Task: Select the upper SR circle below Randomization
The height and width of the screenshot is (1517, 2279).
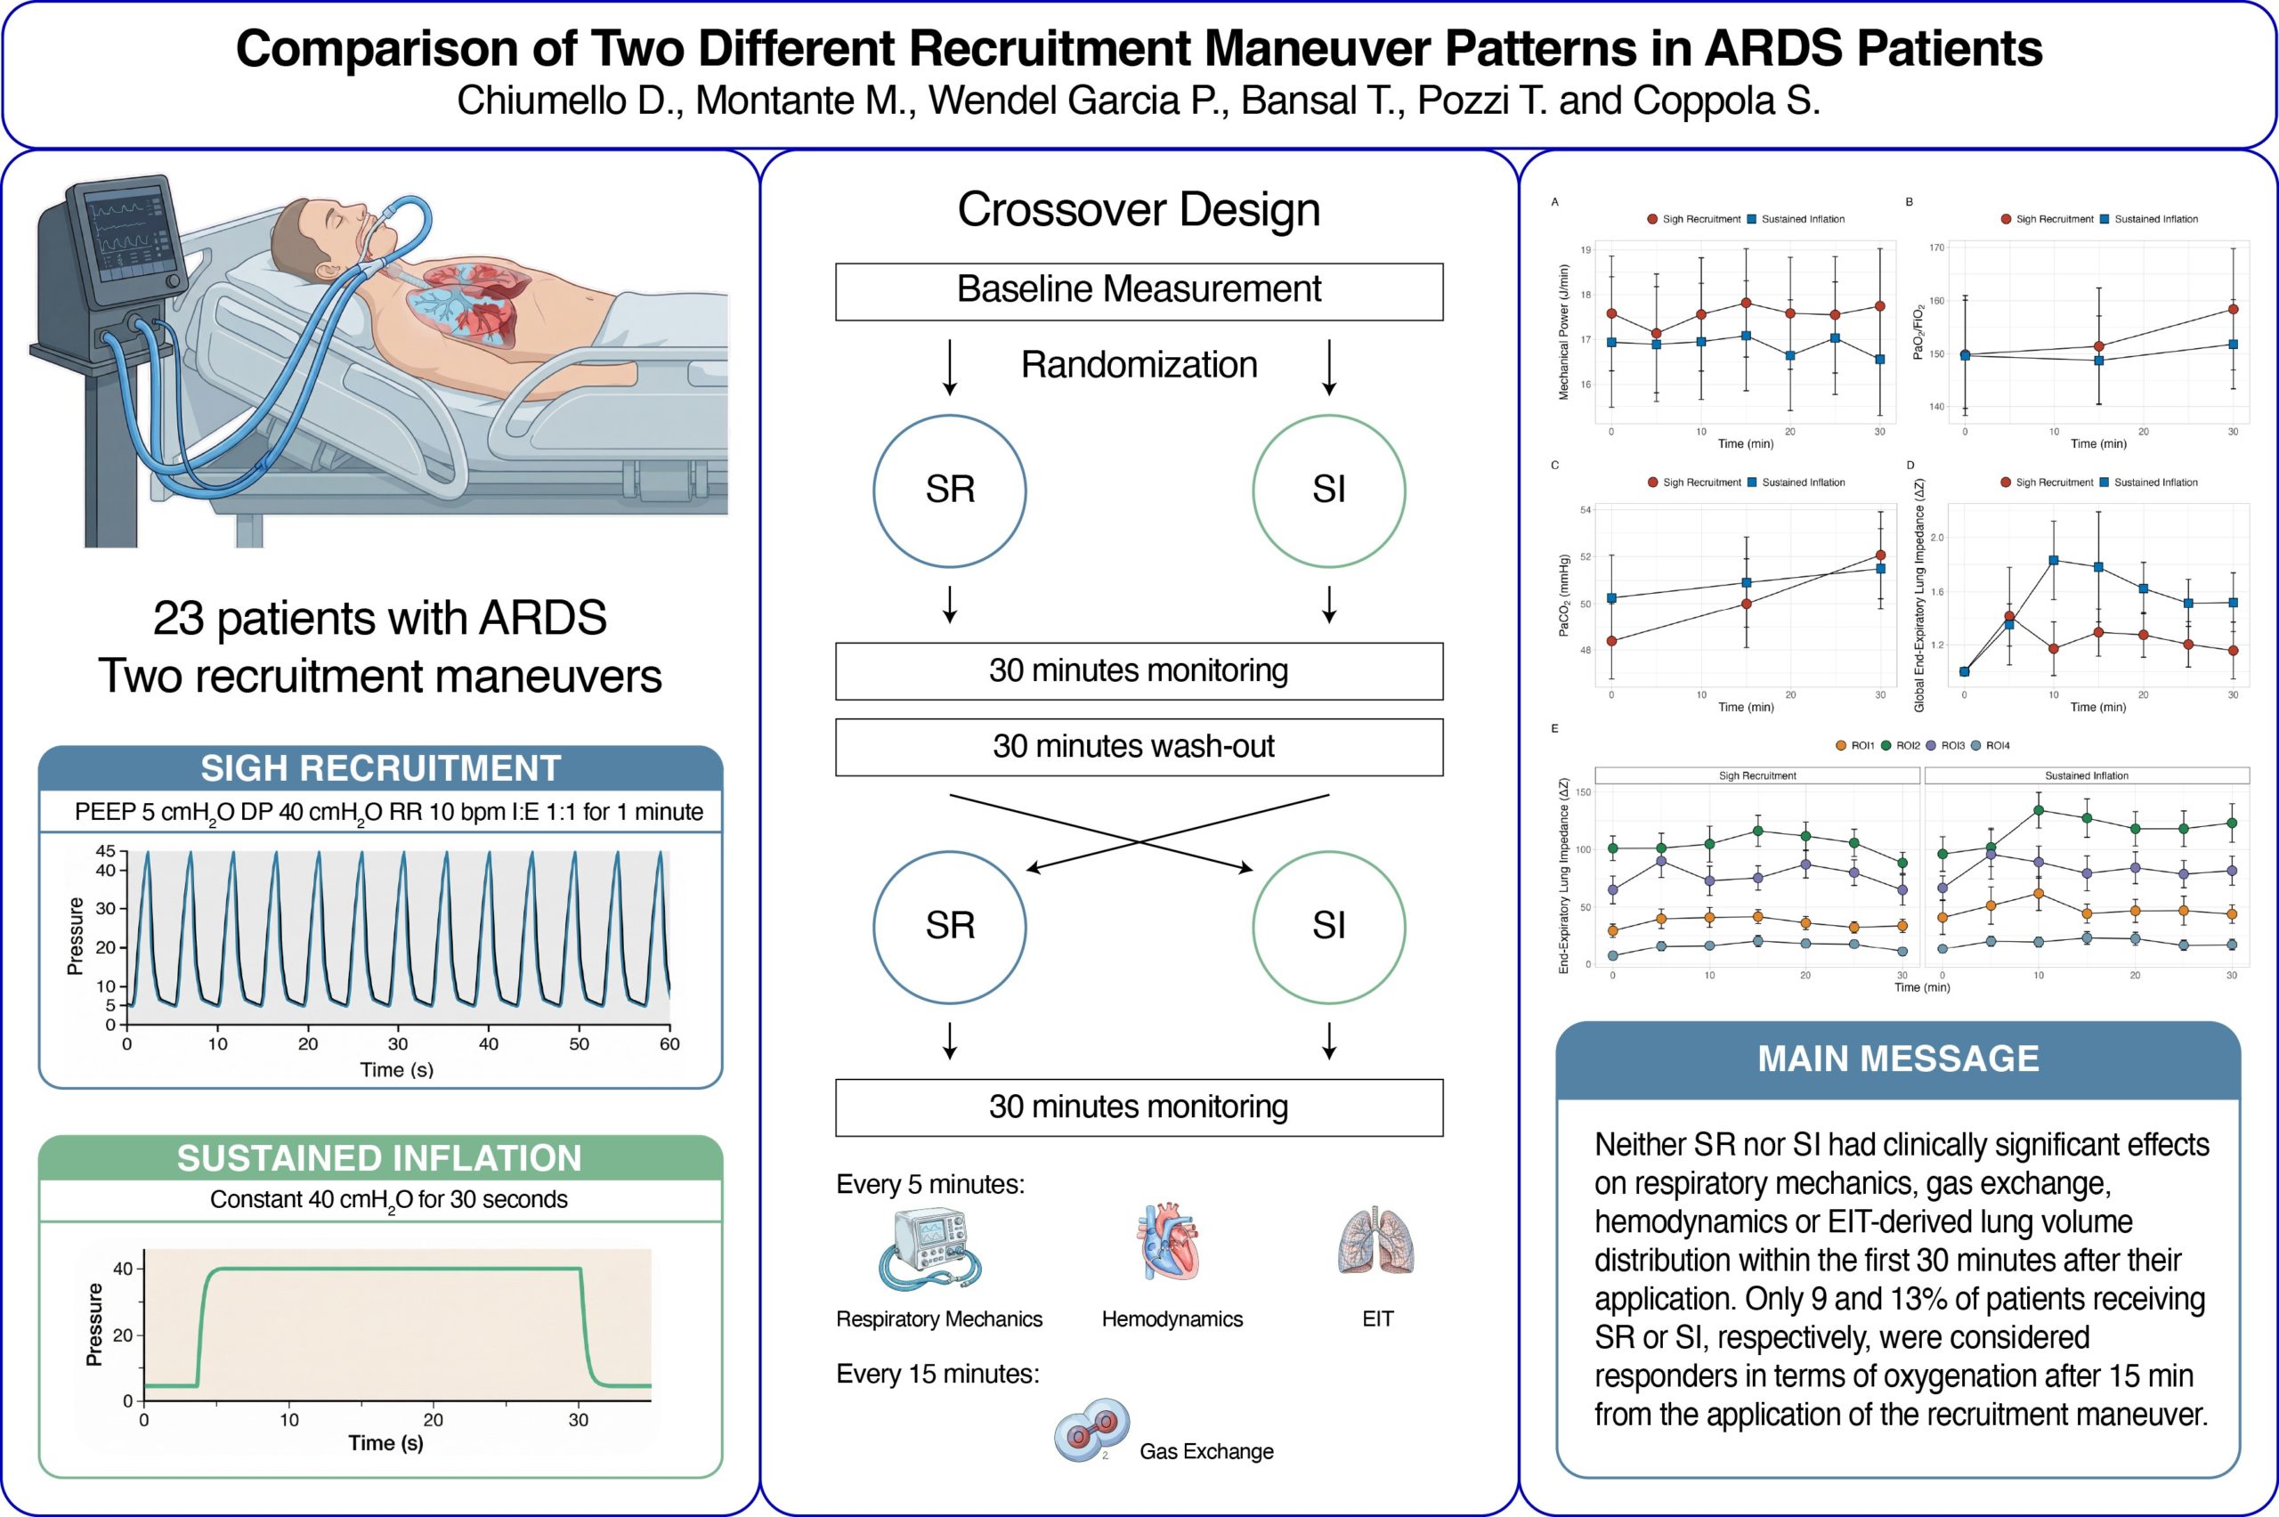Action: (x=949, y=491)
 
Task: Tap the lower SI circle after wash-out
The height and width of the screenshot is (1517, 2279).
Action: (x=1328, y=927)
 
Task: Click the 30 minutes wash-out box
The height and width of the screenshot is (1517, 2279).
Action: (x=1139, y=747)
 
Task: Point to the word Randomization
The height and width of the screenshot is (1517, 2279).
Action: (x=1139, y=365)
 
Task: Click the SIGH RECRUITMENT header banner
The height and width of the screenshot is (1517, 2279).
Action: (x=380, y=768)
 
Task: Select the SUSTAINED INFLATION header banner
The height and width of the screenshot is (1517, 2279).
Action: (x=380, y=1158)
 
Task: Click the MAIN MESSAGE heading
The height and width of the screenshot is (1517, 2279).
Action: (x=1898, y=1059)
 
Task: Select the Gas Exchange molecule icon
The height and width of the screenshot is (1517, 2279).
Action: (x=1091, y=1428)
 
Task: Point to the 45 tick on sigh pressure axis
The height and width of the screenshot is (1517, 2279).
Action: (x=105, y=850)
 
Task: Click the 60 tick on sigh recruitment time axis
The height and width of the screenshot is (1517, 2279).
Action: (x=669, y=1044)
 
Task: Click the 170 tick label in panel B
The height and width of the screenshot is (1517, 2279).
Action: (x=1936, y=247)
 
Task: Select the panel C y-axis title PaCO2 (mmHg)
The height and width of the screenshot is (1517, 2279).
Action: (x=1563, y=595)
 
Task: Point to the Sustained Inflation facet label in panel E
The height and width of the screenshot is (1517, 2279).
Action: (x=2087, y=776)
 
